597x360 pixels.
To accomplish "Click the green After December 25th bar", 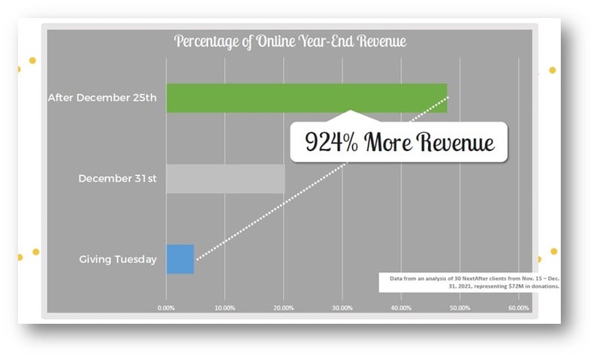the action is click(306, 98).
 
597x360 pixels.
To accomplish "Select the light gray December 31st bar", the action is click(225, 179).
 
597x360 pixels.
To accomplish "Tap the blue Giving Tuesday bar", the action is click(180, 259).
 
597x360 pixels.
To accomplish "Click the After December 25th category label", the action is click(102, 98).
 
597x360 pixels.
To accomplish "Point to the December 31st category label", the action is click(117, 179).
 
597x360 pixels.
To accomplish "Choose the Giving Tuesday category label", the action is click(118, 259).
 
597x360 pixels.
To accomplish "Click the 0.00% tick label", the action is click(166, 308).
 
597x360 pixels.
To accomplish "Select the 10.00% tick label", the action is click(225, 308).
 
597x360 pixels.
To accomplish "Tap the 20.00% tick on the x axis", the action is click(284, 308).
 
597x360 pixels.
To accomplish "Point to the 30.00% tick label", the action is click(342, 308).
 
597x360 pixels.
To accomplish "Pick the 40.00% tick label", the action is click(401, 308).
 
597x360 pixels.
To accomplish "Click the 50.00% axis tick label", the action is click(460, 308).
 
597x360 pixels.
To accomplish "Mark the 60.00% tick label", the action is click(519, 308).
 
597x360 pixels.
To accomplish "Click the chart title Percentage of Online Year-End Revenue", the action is click(290, 41).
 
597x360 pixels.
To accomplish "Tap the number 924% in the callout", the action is click(331, 142).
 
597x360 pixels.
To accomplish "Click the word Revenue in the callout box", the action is click(455, 142).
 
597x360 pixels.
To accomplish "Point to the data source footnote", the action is click(474, 283).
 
